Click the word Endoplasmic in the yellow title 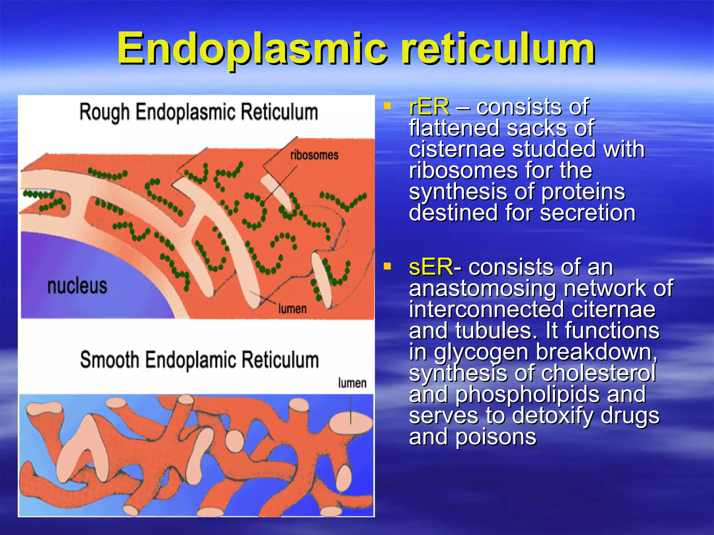tap(252, 49)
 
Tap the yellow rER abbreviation tap(429, 107)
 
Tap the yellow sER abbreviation tap(431, 267)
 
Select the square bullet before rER tap(387, 105)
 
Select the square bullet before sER tap(387, 266)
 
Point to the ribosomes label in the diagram tap(314, 155)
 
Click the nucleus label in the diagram tap(77, 286)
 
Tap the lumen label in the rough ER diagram tap(292, 309)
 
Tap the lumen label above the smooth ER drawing tap(352, 383)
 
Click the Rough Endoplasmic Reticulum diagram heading tap(199, 112)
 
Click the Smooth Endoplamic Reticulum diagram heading tap(199, 360)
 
